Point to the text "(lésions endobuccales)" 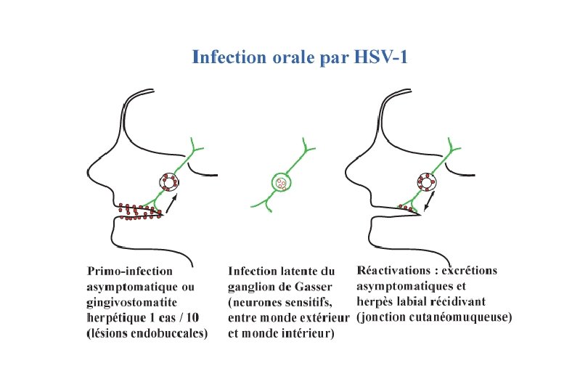click(x=147, y=333)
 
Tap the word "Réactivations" click(x=397, y=271)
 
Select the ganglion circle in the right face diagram click(x=426, y=182)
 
